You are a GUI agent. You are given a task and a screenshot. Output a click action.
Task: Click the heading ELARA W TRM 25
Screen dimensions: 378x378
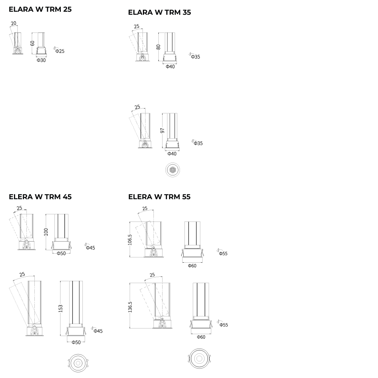[40, 9]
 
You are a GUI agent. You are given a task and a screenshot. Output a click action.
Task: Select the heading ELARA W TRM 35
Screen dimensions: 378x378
[160, 12]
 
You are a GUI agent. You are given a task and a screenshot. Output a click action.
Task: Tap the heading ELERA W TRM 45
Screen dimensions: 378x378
[40, 197]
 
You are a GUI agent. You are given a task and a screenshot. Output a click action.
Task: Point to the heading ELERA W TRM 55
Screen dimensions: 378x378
[160, 197]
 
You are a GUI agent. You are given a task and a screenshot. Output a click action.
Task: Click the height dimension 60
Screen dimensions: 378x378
[33, 43]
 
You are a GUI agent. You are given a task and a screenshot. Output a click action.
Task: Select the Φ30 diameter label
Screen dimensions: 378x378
[41, 60]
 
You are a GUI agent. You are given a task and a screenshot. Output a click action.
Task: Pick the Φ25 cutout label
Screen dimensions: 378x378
[60, 51]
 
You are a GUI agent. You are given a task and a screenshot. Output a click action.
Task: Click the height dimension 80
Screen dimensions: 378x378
[158, 47]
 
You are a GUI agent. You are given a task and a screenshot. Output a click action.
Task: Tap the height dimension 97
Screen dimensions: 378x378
[163, 130]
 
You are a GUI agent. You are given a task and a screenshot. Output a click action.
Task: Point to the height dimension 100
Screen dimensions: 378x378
[46, 232]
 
